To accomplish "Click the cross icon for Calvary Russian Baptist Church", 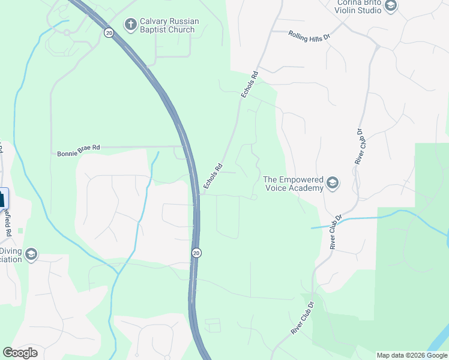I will click(130, 25).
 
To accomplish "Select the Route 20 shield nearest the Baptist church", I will click(108, 33).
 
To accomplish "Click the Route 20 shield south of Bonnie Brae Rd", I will click(196, 253).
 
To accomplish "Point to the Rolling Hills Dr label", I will click(309, 36).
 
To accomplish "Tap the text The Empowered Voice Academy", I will click(294, 183).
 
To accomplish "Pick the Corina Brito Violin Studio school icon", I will click(391, 7).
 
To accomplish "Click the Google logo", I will click(20, 352).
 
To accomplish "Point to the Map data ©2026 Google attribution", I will click(412, 355).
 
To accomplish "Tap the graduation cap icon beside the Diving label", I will click(31, 255).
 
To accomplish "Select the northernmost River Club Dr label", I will click(360, 147).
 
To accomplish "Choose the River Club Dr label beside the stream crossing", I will click(336, 232).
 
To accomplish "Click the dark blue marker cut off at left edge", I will click(3, 199).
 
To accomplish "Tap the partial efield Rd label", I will click(7, 217).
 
